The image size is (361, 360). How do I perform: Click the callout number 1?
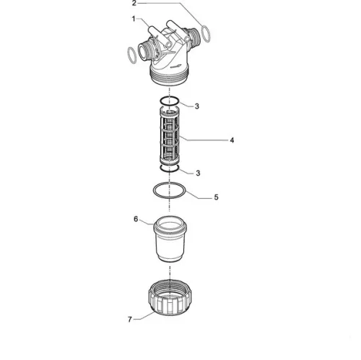(x=134, y=19)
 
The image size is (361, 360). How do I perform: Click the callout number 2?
(x=134, y=3)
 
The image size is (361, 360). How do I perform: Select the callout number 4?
(x=232, y=140)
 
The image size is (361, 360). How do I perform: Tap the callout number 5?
(x=216, y=197)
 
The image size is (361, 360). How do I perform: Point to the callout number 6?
(x=136, y=219)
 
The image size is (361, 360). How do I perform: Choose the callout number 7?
(x=130, y=320)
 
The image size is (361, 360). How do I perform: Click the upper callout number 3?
(x=197, y=106)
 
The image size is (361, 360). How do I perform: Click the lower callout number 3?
(x=198, y=173)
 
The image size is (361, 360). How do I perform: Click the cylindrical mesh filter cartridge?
(x=170, y=136)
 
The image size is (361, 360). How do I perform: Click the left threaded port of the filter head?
(x=144, y=52)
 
